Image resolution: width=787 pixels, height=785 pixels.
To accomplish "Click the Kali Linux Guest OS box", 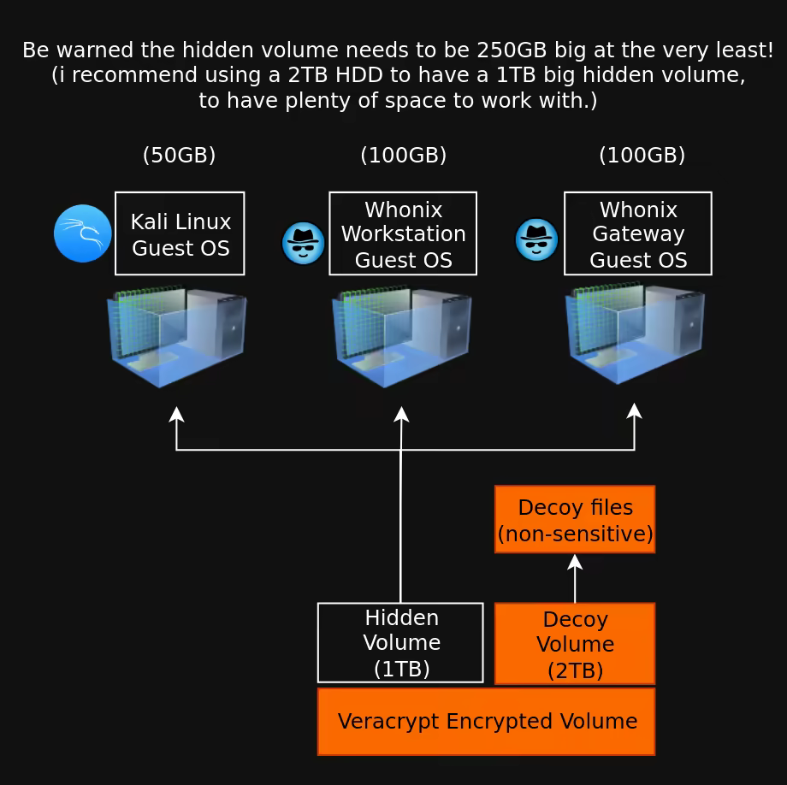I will coord(180,233).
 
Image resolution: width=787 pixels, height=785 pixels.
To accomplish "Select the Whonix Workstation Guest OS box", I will coord(403,233).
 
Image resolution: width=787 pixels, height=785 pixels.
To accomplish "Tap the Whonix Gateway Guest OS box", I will coord(638,233).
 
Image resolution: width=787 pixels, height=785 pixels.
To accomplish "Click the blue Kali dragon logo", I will coord(83,233).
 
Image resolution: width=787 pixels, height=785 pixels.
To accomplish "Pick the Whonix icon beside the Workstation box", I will coord(304,243).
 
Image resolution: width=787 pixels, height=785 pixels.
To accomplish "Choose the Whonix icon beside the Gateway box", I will coord(536,239).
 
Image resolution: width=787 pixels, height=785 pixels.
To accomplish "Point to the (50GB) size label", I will coord(179,155).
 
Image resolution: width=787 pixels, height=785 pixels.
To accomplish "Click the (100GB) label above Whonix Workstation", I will coord(403,155).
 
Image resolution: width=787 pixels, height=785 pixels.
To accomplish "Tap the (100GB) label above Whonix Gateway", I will coord(642,155).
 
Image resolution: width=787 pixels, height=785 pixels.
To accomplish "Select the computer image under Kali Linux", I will coord(177,336).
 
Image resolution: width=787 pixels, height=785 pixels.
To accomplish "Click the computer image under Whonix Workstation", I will coord(402,336).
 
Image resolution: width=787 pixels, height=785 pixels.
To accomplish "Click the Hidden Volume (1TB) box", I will coord(400,643).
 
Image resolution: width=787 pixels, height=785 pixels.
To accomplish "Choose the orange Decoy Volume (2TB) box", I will coord(575,644).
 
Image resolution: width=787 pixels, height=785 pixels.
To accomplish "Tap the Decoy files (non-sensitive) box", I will coord(575,519).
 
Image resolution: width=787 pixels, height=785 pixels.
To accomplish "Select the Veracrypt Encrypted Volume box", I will coord(486,722).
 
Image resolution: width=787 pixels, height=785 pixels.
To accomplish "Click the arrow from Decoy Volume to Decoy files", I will coord(575,578).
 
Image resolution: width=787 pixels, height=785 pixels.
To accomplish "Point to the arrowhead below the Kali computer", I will coord(176,414).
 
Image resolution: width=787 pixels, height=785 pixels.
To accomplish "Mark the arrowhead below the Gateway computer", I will coord(634,410).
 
